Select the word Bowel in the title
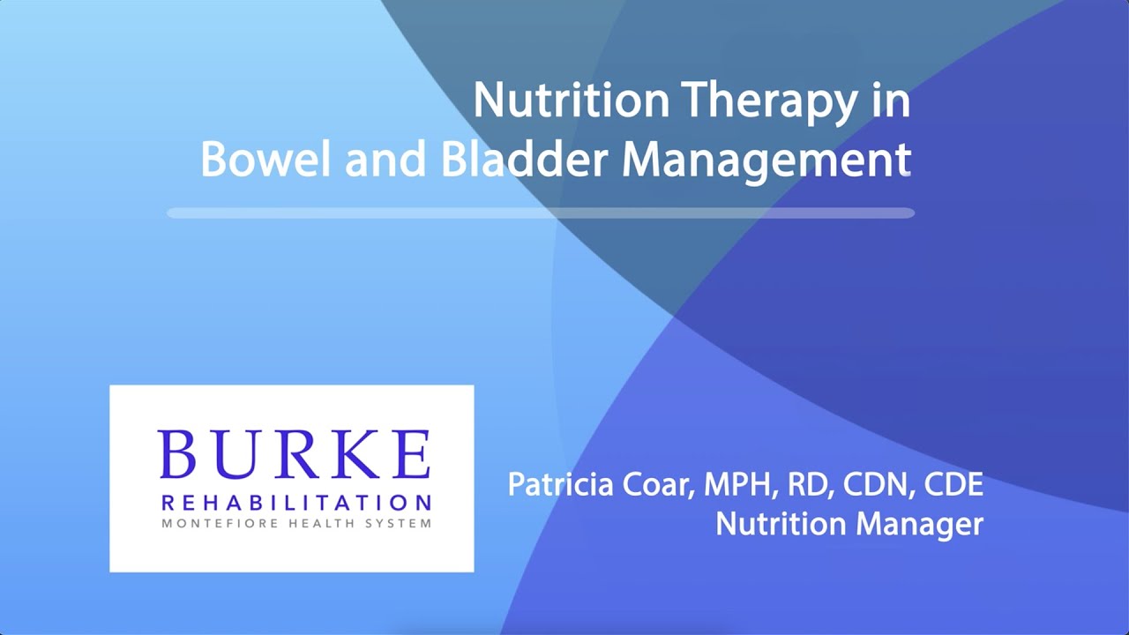[x=265, y=160]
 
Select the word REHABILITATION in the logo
[x=295, y=504]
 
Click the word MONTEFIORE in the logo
[x=206, y=523]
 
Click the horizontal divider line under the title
[x=540, y=213]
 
